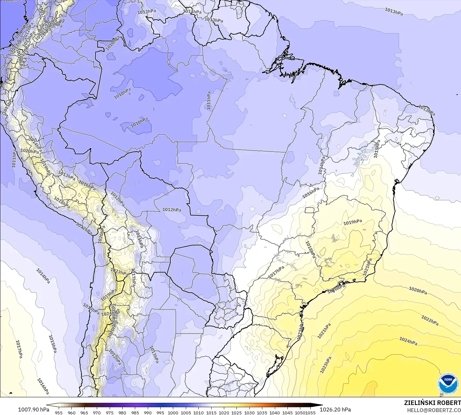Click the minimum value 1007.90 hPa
pyautogui.click(x=34, y=410)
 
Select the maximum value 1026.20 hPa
pyautogui.click(x=335, y=410)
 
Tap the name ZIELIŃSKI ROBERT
pyautogui.click(x=432, y=403)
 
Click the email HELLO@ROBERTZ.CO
pyautogui.click(x=434, y=410)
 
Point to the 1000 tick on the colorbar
pyautogui.click(x=173, y=412)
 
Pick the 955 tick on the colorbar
pyautogui.click(x=59, y=412)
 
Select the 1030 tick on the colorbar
pyautogui.click(x=249, y=412)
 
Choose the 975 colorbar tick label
pyautogui.click(x=109, y=412)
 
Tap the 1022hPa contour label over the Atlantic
pyautogui.click(x=430, y=320)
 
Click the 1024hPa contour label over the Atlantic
pyautogui.click(x=408, y=341)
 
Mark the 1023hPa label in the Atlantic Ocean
pyautogui.click(x=326, y=365)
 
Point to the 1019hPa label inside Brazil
pyautogui.click(x=353, y=222)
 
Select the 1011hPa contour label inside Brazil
pyautogui.click(x=209, y=101)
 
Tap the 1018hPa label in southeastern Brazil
pyautogui.click(x=310, y=250)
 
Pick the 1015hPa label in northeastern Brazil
pyautogui.click(x=377, y=149)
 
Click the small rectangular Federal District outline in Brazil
pyautogui.click(x=310, y=210)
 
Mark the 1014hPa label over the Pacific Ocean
pyautogui.click(x=43, y=276)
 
